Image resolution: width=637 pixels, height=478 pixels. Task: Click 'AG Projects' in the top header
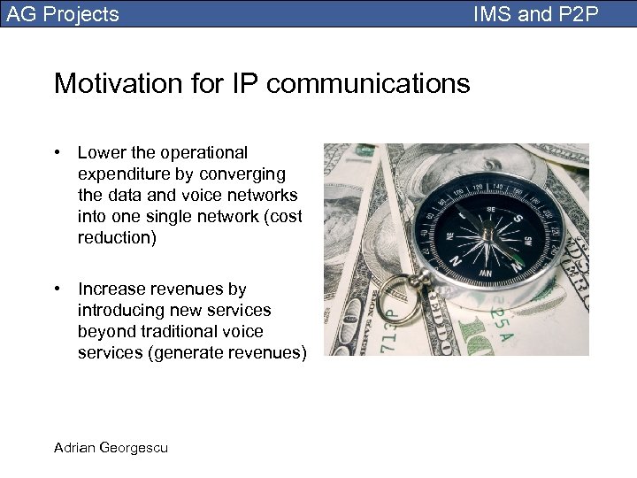63,14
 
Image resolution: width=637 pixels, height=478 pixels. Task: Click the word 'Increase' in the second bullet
111,289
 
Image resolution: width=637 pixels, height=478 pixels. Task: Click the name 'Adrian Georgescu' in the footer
111,447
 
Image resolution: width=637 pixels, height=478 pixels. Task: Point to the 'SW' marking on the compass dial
528,241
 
